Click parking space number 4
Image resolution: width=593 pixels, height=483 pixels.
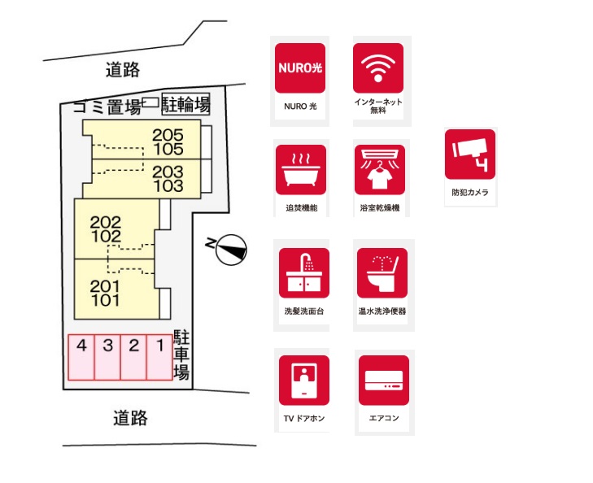pyautogui.click(x=81, y=357)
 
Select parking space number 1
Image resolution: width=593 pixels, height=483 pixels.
pyautogui.click(x=159, y=357)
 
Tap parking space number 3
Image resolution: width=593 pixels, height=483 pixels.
pyautogui.click(x=107, y=357)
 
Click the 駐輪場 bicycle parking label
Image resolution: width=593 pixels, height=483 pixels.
pyautogui.click(x=185, y=104)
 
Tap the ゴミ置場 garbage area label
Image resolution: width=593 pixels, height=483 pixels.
pyautogui.click(x=107, y=107)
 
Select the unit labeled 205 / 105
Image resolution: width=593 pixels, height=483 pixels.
pyautogui.click(x=142, y=140)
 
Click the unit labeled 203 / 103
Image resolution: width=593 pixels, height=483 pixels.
pyautogui.click(x=142, y=179)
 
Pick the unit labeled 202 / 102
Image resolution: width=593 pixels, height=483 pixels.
pyautogui.click(x=115, y=229)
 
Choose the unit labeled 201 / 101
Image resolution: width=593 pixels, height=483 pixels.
pyautogui.click(x=115, y=289)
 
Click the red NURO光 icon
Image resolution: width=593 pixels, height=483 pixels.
pyautogui.click(x=300, y=68)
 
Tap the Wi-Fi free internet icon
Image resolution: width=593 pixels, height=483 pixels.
pyautogui.click(x=378, y=68)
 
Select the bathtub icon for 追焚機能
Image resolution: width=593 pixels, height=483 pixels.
pyautogui.click(x=301, y=170)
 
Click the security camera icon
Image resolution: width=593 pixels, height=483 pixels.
pyautogui.click(x=470, y=154)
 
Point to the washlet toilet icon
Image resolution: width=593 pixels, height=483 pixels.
pyautogui.click(x=382, y=273)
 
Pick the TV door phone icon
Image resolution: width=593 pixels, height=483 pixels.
pyautogui.click(x=304, y=381)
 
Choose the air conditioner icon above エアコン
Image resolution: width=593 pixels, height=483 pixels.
pyautogui.click(x=384, y=381)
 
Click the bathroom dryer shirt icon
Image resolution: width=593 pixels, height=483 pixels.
pyautogui.click(x=380, y=170)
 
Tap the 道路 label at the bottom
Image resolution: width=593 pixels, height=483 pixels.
pyautogui.click(x=130, y=418)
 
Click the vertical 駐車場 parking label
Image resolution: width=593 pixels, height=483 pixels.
pyautogui.click(x=181, y=355)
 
